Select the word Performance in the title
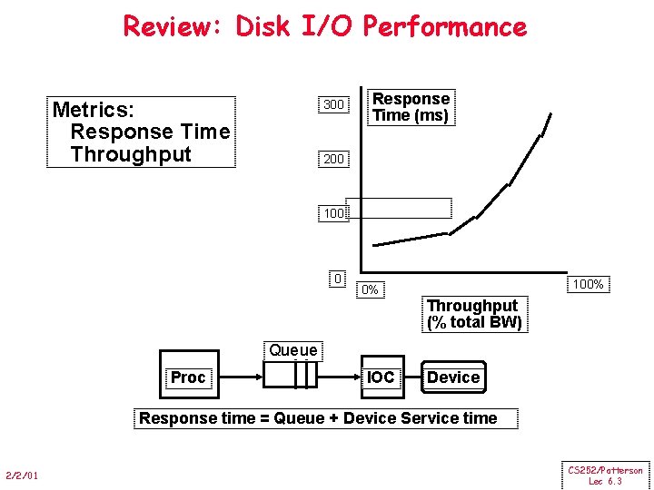(x=444, y=25)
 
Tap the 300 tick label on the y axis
(x=333, y=104)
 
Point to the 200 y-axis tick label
(x=333, y=159)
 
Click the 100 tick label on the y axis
(x=333, y=214)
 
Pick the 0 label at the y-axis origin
(x=338, y=278)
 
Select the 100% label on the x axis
(x=588, y=284)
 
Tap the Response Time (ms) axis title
(x=411, y=107)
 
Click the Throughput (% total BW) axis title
(x=474, y=314)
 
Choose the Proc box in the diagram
(x=188, y=377)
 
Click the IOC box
(x=381, y=377)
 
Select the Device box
(x=453, y=377)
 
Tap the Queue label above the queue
(x=293, y=350)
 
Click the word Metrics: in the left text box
(x=94, y=110)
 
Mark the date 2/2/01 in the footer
(x=21, y=475)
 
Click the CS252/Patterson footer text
(x=605, y=470)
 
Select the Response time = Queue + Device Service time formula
(x=318, y=418)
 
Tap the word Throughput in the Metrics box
(x=131, y=154)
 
